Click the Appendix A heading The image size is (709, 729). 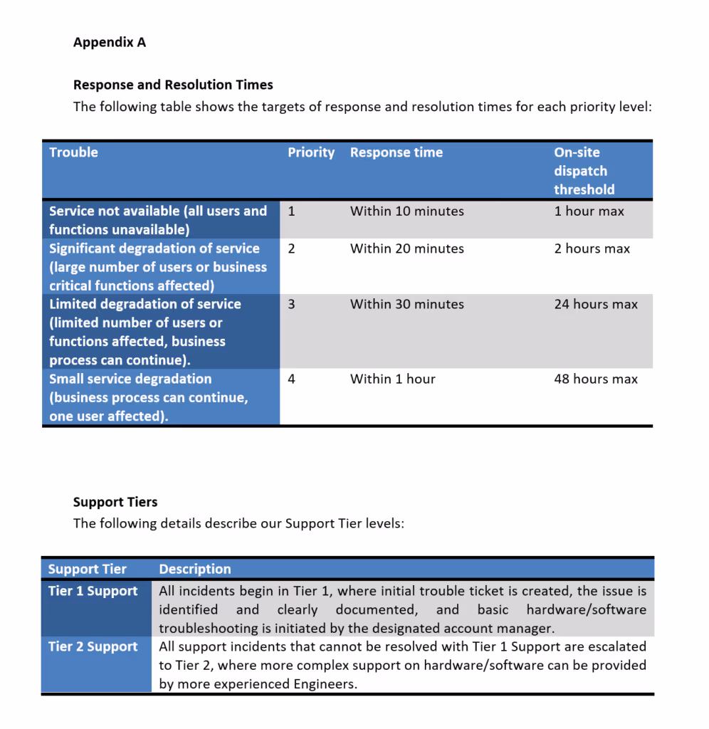point(109,42)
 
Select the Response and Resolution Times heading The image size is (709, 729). point(173,85)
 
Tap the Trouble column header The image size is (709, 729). point(73,152)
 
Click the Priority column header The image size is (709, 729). point(310,152)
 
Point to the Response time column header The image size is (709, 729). point(396,152)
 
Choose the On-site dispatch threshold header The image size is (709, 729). point(584,171)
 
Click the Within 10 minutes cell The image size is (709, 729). point(406,211)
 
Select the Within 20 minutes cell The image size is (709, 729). point(406,248)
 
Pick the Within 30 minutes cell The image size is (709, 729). point(406,304)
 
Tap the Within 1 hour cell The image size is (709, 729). point(392,379)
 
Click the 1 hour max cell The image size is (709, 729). point(589,211)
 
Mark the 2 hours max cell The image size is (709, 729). point(592,248)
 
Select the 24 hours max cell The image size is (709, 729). point(596,304)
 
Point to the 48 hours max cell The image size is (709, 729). point(596,379)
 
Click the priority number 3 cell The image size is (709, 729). point(292,304)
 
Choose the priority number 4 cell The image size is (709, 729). point(292,379)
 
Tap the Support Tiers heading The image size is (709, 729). point(115,502)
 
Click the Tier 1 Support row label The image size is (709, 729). point(93,591)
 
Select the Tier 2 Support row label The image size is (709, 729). point(93,646)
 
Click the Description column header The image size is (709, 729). point(195,569)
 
